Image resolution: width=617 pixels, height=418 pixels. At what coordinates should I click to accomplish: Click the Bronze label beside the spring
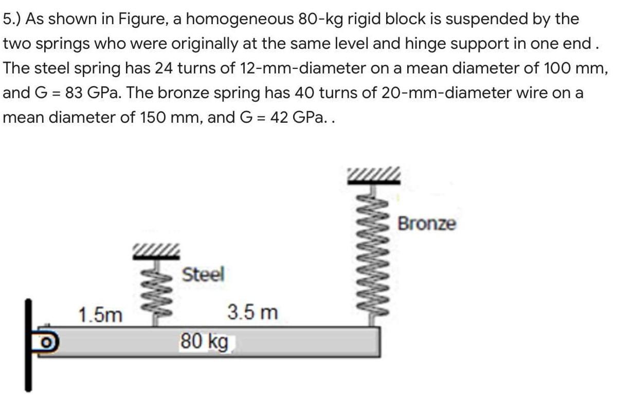(427, 224)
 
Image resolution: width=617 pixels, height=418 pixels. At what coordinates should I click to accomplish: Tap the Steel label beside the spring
(204, 274)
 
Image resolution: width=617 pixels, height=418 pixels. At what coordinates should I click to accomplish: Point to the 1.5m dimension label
(101, 314)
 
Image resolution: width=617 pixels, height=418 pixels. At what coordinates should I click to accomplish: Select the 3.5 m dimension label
(252, 312)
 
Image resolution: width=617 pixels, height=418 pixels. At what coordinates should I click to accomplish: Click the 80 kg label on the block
(204, 341)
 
